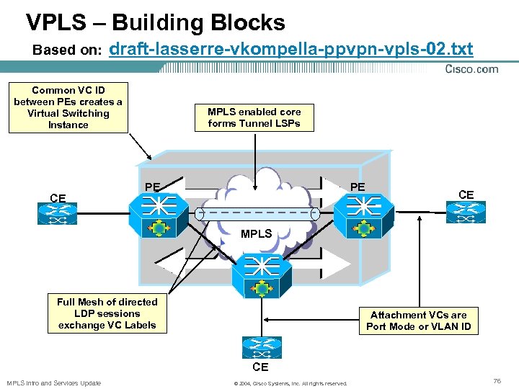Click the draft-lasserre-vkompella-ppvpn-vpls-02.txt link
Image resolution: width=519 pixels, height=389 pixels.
291,49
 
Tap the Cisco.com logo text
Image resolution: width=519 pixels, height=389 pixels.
471,69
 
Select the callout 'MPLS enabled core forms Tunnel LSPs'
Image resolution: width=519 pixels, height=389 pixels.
254,117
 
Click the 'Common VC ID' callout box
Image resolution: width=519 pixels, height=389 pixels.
68,108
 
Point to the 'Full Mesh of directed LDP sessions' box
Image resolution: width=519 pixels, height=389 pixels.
107,313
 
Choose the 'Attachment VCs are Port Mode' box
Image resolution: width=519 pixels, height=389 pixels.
419,321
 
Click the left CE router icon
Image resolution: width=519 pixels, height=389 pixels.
57,214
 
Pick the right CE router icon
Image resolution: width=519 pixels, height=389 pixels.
466,212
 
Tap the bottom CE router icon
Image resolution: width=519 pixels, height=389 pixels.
262,348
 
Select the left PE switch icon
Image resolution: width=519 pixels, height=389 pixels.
159,215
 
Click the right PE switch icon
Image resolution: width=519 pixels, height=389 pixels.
364,215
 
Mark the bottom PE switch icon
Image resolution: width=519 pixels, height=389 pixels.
262,276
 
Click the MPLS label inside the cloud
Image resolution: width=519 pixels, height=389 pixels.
256,234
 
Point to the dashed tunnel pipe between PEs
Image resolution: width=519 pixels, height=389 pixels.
257,214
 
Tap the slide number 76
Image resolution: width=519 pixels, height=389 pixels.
497,381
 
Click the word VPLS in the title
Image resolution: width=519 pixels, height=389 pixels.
56,22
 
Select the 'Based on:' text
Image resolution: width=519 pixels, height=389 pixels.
67,50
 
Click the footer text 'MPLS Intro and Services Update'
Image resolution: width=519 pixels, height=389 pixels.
54,383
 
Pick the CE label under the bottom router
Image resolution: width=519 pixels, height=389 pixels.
260,367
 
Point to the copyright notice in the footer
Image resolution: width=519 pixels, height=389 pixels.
290,384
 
